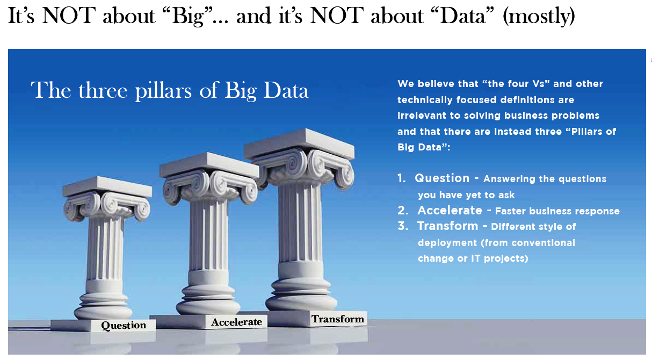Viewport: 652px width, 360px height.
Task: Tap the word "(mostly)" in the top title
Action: (x=539, y=17)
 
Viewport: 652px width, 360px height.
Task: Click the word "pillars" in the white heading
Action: (x=163, y=91)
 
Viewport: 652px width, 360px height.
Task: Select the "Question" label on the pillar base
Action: (x=124, y=325)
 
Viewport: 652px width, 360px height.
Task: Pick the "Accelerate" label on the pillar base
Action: (x=236, y=322)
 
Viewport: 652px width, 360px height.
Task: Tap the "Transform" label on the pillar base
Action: (x=338, y=319)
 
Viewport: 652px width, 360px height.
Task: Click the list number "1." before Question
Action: (x=402, y=178)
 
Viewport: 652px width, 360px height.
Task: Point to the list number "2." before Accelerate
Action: (x=403, y=210)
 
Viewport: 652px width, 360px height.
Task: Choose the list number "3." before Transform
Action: (x=403, y=226)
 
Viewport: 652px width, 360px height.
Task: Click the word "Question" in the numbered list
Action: (x=442, y=178)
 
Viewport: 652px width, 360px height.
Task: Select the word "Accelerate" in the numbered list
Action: (x=450, y=210)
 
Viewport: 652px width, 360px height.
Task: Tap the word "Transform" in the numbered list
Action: (x=448, y=226)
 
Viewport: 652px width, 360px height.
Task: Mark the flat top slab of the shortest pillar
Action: (x=107, y=187)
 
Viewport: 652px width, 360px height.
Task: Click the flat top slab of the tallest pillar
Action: (x=299, y=144)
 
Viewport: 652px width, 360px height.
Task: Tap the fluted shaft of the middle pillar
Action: (x=208, y=236)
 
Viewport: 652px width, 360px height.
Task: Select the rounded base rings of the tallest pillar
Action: (x=301, y=294)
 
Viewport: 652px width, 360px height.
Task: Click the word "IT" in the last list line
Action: (x=476, y=258)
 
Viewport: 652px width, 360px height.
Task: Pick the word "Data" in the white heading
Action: (x=286, y=91)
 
